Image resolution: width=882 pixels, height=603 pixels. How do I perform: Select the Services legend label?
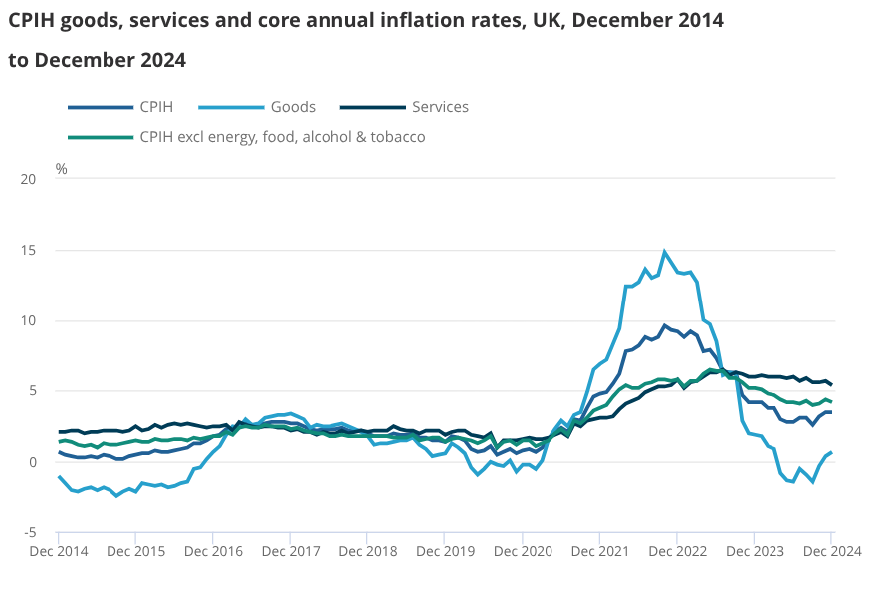(440, 107)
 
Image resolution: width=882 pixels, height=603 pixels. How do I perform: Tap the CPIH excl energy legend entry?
(283, 137)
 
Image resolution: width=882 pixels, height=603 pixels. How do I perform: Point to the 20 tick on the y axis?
(28, 180)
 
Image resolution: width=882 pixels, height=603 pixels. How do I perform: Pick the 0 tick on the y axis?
(32, 463)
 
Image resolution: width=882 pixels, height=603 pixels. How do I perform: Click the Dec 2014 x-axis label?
(58, 550)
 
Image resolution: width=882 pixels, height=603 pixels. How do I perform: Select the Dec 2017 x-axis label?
(290, 550)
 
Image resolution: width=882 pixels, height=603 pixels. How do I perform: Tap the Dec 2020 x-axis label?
(522, 550)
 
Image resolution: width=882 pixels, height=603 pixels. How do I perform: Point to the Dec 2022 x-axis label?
(677, 550)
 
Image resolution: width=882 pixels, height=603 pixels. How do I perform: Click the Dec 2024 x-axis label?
(831, 550)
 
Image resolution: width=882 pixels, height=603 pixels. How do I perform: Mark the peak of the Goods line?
(665, 251)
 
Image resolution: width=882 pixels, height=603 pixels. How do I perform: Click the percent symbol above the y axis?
(62, 169)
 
